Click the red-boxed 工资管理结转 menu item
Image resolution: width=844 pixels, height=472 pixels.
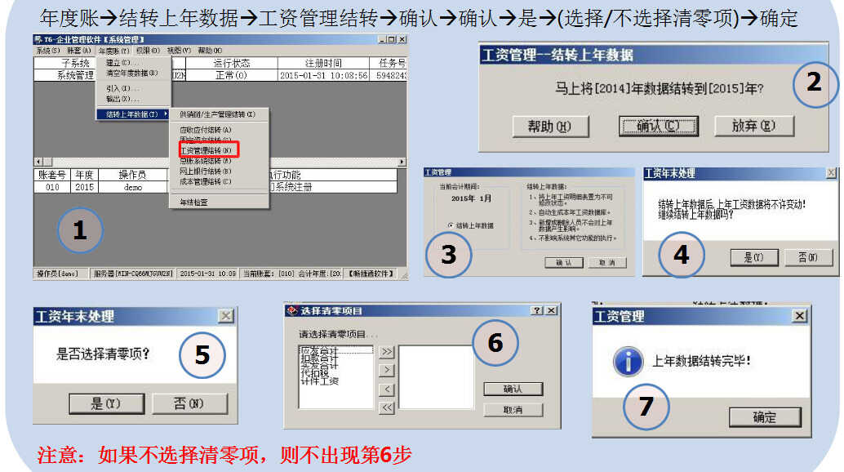[x=207, y=150]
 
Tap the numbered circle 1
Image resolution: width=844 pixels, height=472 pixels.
[x=79, y=231]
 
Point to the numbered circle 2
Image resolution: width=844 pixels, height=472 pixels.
[x=813, y=82]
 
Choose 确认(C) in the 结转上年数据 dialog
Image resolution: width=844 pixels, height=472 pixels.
[x=657, y=126]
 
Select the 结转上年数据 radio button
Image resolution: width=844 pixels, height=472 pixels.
[x=451, y=225]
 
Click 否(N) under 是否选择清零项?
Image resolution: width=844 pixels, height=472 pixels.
[x=189, y=403]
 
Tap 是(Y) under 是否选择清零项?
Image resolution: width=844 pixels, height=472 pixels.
[x=105, y=403]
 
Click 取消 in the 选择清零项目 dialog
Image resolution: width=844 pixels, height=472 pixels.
[x=513, y=409]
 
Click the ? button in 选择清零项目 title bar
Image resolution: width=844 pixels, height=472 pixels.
[x=536, y=311]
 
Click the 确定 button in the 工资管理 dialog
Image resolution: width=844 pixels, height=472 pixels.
[x=764, y=417]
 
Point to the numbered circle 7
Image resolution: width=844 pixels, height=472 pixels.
[x=646, y=406]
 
